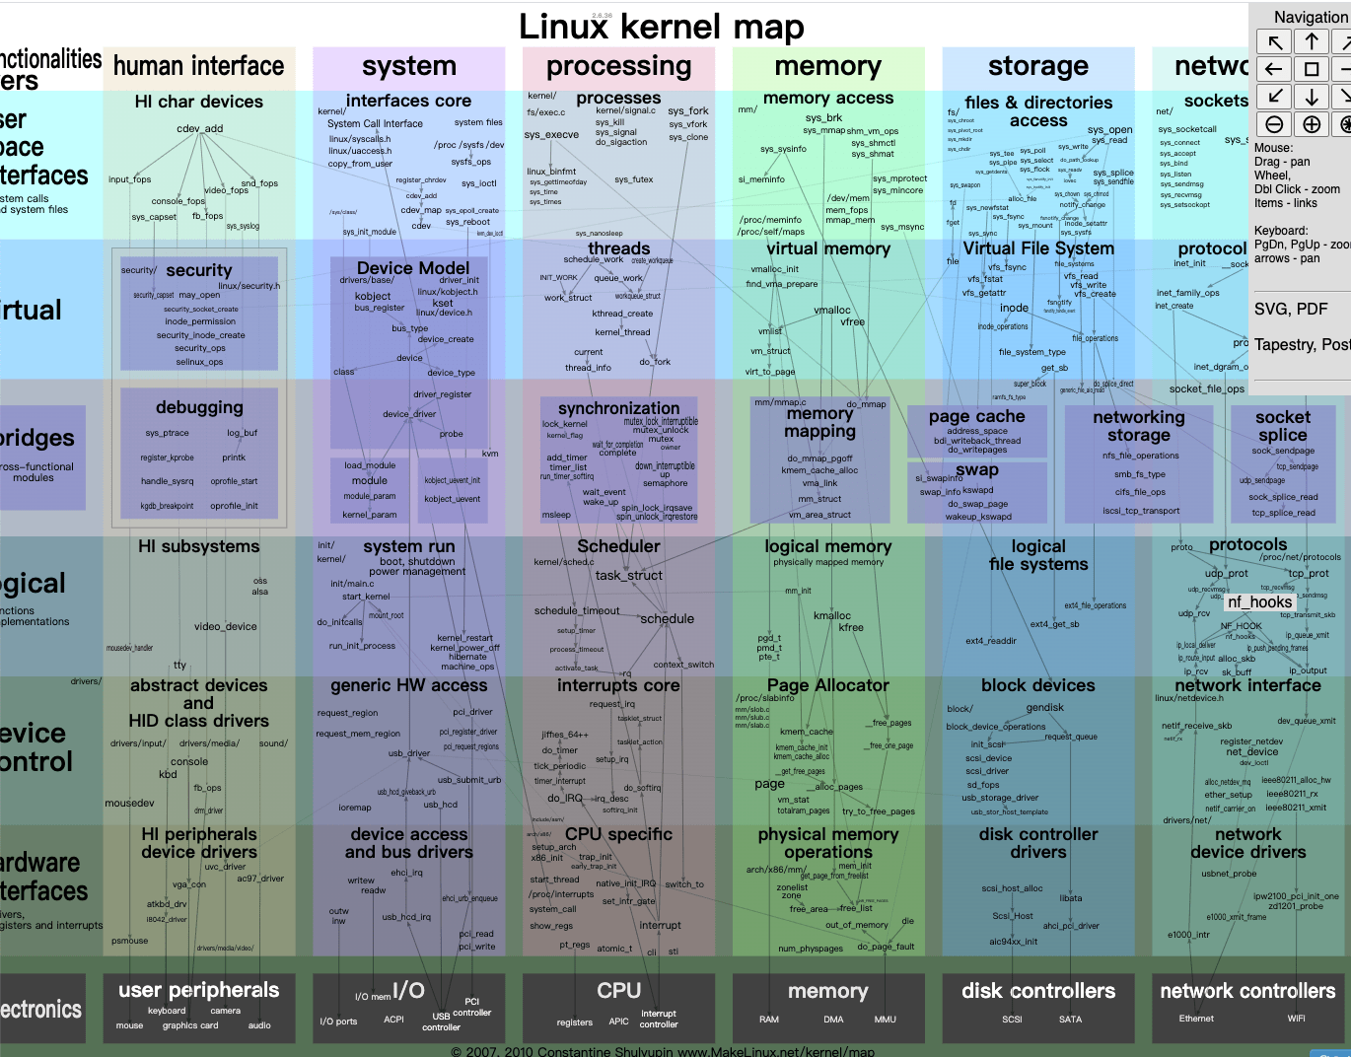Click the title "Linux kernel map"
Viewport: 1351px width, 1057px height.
[x=662, y=27]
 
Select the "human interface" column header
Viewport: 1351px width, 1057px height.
[x=198, y=66]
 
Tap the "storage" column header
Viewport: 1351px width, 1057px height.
[x=1037, y=66]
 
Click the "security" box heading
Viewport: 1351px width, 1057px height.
[x=198, y=270]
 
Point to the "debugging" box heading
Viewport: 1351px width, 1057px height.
[x=198, y=407]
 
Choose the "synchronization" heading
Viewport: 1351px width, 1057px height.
[x=618, y=408]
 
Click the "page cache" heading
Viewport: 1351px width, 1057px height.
[x=976, y=417]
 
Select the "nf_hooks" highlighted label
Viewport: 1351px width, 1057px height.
[x=1259, y=601]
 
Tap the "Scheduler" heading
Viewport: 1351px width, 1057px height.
[x=618, y=546]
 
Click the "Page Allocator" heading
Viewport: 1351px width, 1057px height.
[x=827, y=685]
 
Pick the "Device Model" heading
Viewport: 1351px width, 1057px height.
[x=413, y=268]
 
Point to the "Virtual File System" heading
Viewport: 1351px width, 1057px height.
[x=1037, y=248]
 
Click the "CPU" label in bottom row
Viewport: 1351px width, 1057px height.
[x=618, y=990]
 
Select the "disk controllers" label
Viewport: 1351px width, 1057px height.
[x=1037, y=991]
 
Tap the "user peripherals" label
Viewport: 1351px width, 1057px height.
[x=198, y=990]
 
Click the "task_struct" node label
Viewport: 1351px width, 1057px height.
[x=628, y=576]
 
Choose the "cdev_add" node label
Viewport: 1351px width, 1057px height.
[x=200, y=128]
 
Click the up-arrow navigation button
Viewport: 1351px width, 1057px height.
[x=1312, y=41]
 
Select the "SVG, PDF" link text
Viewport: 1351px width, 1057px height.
[x=1291, y=310]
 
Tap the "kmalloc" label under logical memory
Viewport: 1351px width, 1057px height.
[x=832, y=615]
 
